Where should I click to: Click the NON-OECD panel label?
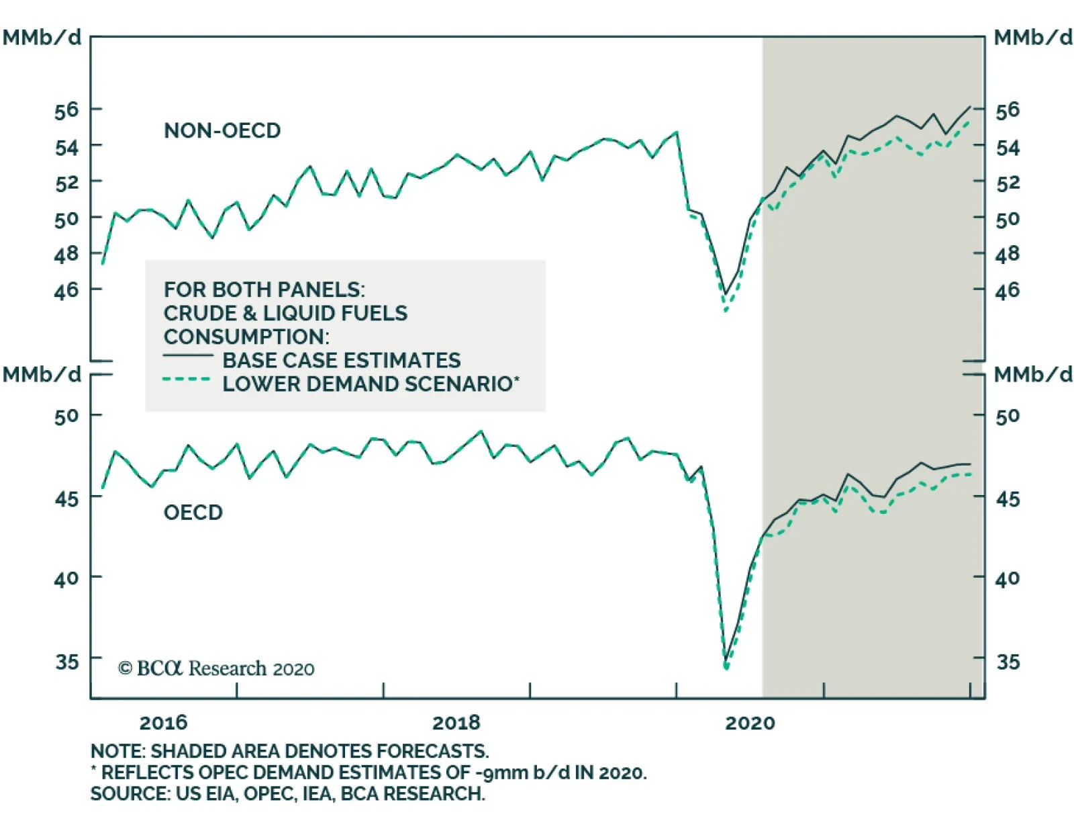222,130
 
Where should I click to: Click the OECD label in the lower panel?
193,513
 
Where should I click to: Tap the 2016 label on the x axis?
163,723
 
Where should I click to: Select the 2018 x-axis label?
456,723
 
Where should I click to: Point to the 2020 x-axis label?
750,723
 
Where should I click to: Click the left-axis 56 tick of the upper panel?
66,110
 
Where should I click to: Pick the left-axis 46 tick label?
66,290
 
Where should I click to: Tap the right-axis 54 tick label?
1007,147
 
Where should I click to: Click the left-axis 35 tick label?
66,662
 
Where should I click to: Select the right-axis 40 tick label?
1007,578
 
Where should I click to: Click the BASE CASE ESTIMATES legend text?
342,361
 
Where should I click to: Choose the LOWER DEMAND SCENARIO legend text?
371,384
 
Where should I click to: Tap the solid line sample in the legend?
188,355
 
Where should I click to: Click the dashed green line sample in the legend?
187,380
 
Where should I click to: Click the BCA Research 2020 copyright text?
216,668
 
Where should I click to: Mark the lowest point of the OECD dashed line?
726,668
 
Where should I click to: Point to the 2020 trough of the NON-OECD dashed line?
726,310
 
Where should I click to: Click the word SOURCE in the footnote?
130,793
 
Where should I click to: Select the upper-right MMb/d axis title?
1032,38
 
